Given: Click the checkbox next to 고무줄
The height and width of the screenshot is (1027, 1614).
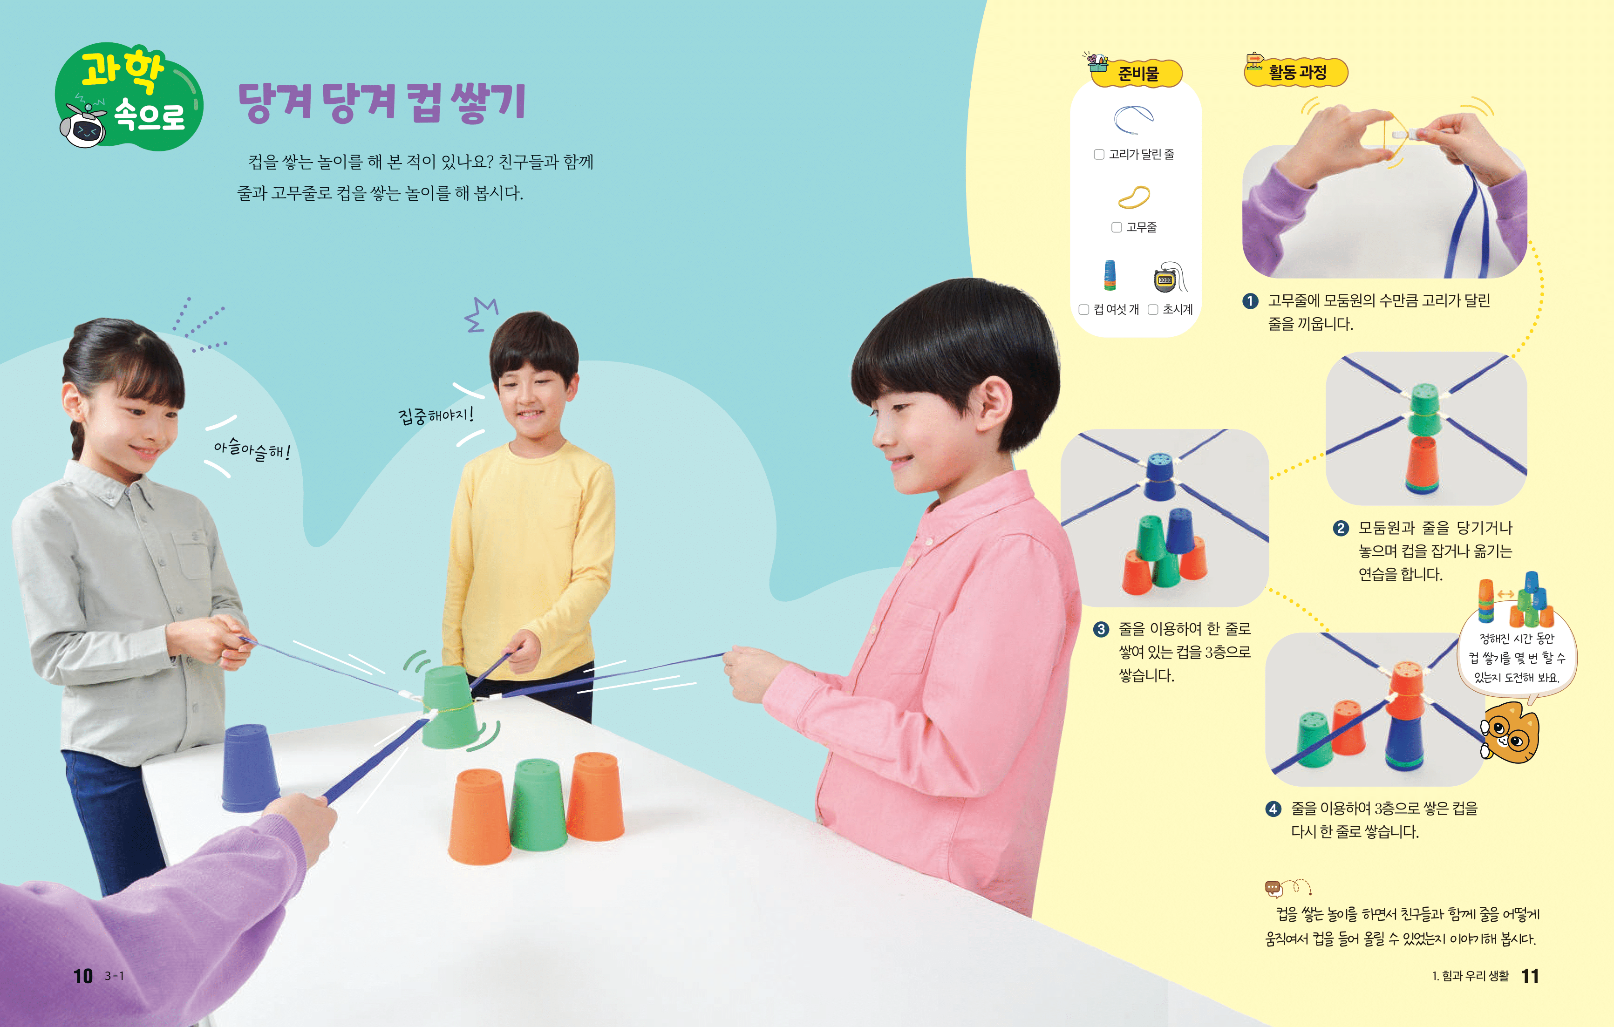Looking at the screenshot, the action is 1116,227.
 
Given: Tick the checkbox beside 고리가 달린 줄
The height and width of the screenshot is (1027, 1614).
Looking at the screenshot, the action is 1098,154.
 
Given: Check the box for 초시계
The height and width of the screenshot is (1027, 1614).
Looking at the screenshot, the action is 1153,309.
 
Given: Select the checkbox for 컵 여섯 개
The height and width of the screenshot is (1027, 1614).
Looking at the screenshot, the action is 1083,309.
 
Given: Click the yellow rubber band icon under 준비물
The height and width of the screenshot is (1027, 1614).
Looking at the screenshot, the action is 1134,197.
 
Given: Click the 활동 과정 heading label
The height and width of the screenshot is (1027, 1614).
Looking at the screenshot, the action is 1296,72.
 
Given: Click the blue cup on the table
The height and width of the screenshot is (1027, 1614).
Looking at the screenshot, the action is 249,768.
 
